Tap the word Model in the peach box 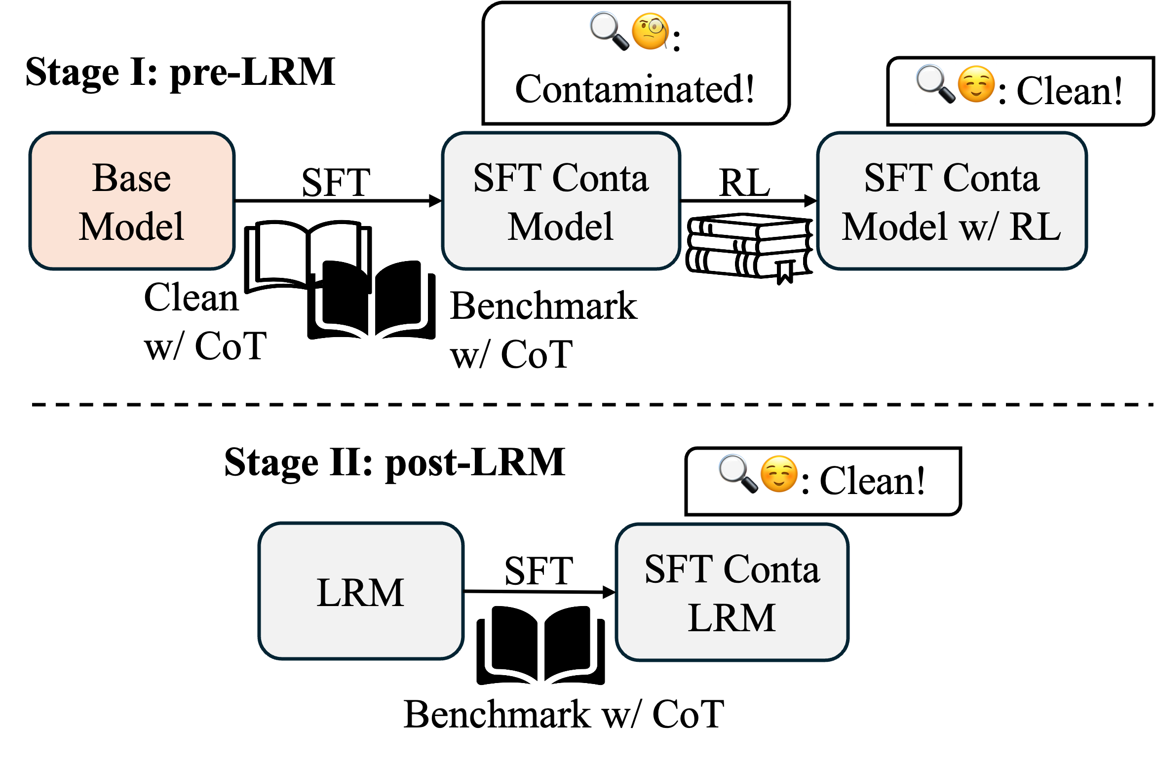(x=131, y=227)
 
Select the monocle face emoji (x=650, y=32)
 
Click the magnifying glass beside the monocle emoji (x=609, y=31)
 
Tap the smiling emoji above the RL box (x=976, y=84)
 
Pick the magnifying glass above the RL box (x=935, y=83)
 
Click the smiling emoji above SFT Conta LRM (x=779, y=474)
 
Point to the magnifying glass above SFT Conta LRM (x=738, y=473)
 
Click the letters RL (x=1035, y=227)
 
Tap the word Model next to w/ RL (x=894, y=227)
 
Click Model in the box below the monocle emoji (x=561, y=227)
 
